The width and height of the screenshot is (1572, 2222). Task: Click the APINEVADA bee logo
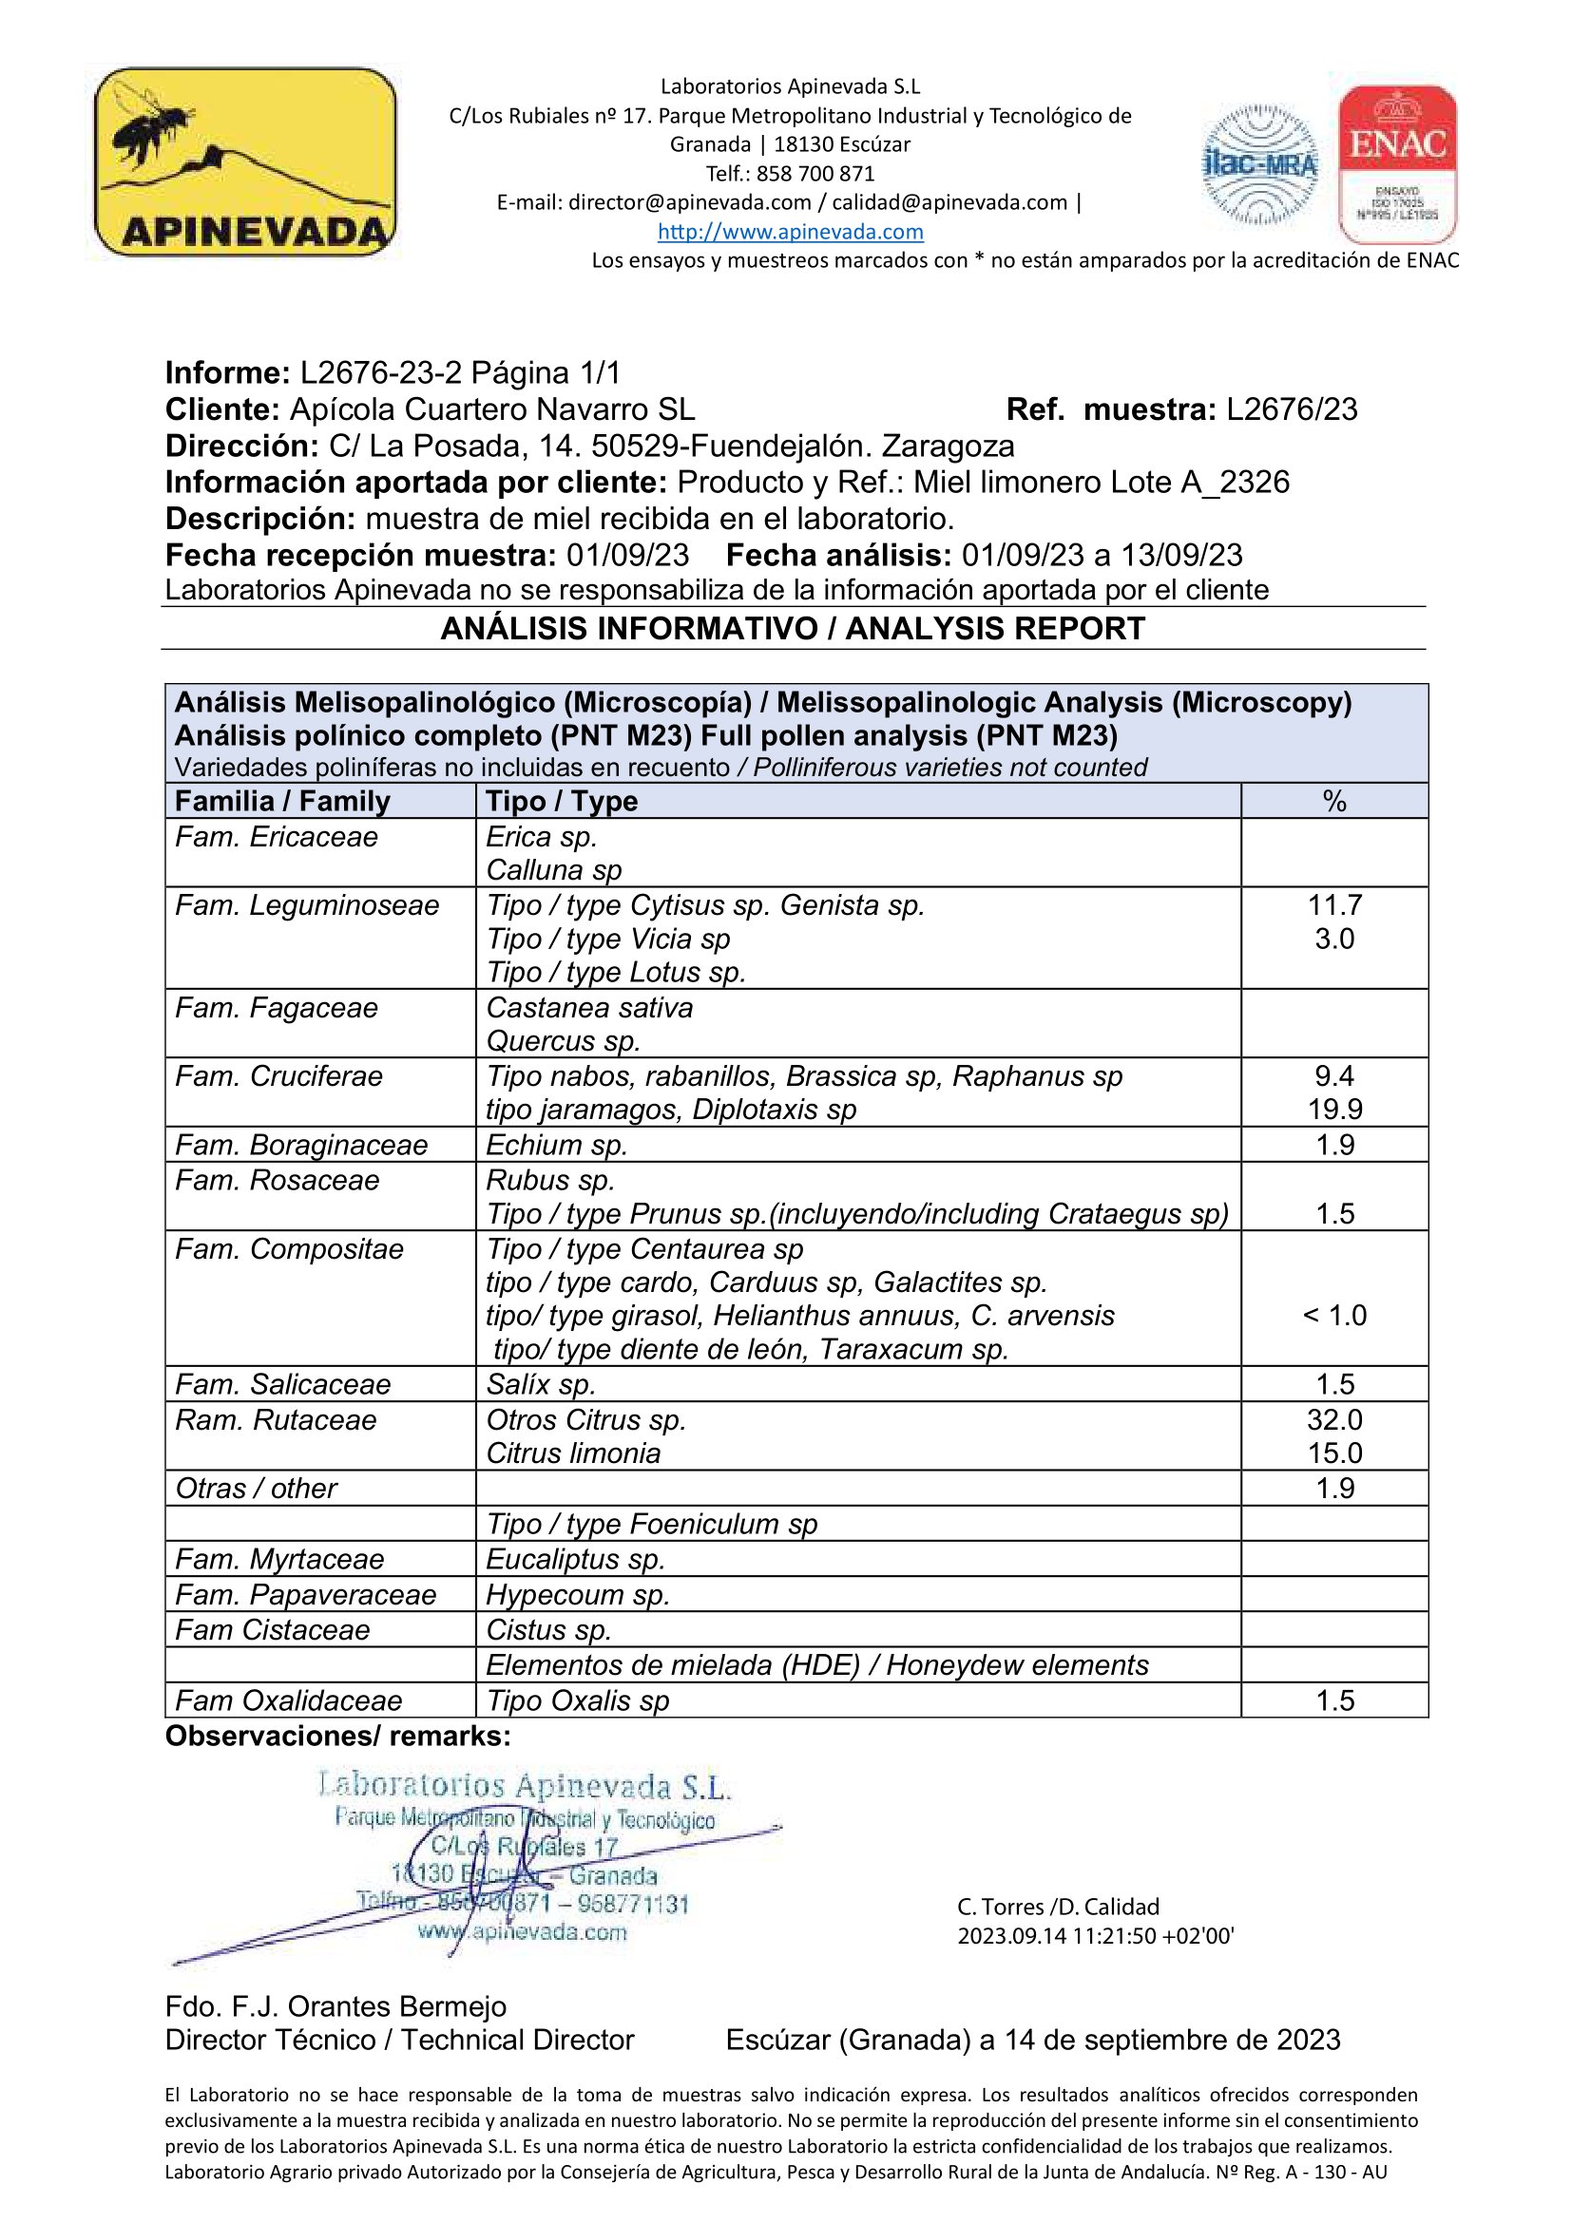245,161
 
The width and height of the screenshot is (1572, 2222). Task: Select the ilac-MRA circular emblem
1259,165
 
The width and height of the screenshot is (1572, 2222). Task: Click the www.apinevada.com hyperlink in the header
790,231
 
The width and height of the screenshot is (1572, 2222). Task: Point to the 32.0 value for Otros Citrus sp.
1333,1419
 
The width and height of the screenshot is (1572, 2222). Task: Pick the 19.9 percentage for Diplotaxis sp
1333,1109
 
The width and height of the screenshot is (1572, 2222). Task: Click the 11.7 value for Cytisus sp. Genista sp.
1333,905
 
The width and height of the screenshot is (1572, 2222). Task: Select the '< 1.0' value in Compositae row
1333,1315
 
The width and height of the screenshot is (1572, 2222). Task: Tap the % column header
1333,802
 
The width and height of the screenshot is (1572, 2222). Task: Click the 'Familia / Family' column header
281,802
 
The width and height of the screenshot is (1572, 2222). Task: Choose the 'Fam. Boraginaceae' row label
301,1145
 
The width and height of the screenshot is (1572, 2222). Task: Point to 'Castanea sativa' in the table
589,1007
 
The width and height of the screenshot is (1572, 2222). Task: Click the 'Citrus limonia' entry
573,1453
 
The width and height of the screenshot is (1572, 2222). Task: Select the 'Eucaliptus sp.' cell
575,1559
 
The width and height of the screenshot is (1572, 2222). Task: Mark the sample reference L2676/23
1292,409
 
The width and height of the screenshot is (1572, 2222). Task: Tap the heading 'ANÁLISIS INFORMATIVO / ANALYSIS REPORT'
793,629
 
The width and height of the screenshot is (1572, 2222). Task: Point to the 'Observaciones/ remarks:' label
337,1737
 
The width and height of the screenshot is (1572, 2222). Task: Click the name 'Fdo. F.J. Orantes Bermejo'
335,2006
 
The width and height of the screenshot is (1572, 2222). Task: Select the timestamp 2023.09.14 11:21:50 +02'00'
1096,1935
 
